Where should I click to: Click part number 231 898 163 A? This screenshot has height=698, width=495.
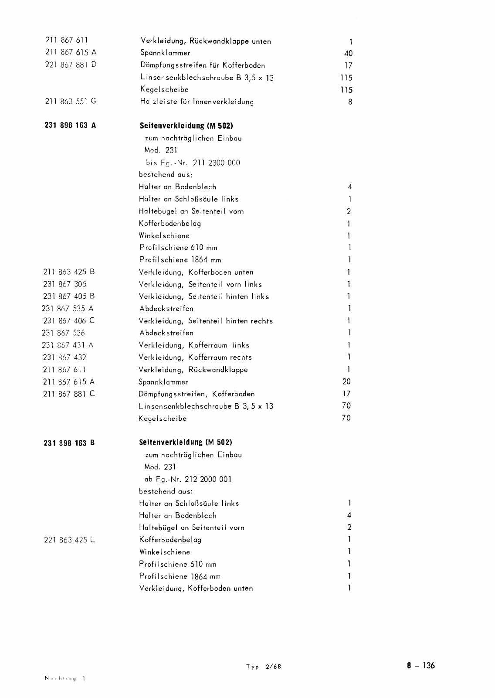[70, 125]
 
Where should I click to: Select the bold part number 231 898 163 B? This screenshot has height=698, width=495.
[69, 443]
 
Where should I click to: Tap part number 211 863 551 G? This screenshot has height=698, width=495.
[71, 101]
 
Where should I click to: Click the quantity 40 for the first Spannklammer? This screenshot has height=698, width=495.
[348, 54]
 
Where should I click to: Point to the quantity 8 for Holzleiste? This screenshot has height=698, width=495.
[350, 102]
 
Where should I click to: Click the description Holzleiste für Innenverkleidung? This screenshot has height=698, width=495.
[197, 102]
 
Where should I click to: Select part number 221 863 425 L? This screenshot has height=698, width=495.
[69, 540]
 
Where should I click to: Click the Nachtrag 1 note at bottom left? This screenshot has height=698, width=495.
[65, 678]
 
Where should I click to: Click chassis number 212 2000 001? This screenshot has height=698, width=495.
[208, 479]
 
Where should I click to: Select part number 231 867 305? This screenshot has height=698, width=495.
[65, 284]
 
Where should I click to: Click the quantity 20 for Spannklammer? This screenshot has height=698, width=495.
[346, 381]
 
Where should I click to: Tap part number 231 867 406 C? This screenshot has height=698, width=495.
[69, 321]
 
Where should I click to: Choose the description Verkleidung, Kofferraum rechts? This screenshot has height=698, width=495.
[195, 358]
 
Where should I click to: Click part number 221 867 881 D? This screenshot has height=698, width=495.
[71, 65]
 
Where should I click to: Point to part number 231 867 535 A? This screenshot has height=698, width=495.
[68, 309]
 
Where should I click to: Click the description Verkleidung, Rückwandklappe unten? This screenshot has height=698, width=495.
[206, 41]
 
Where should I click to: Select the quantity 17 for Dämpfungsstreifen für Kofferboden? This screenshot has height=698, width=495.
[348, 66]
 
